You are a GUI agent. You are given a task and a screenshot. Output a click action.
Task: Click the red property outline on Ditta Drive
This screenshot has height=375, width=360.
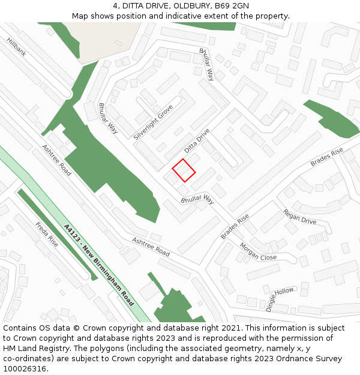pos(184,170)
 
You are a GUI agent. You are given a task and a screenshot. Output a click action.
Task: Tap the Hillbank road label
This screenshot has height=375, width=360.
pos(17,47)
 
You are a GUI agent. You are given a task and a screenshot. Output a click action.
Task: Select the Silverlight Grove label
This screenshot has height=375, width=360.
pos(153,122)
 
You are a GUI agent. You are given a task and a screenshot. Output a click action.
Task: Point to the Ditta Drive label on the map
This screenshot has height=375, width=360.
pos(197,140)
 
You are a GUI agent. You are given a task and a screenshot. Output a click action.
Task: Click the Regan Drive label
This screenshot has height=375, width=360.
pos(299,217)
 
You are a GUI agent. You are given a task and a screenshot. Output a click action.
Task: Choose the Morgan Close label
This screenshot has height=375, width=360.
pos(258,251)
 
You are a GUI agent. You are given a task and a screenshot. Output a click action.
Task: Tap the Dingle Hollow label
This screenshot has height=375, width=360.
pos(280,299)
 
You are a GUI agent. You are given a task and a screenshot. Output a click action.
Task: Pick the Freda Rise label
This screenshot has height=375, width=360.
pos(47,235)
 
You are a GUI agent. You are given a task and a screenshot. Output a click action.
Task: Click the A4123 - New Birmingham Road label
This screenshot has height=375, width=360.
pos(99,265)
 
